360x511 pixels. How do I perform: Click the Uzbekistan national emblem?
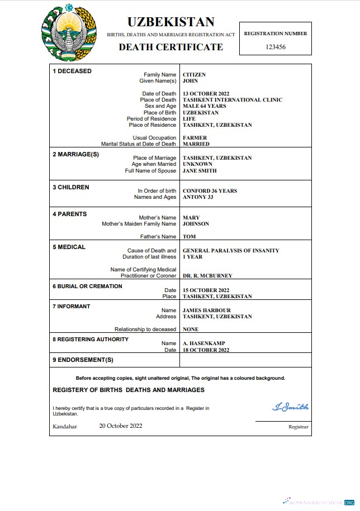[x=69, y=34]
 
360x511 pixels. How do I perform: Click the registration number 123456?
[x=275, y=47]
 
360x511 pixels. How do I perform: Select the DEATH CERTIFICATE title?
[x=170, y=47]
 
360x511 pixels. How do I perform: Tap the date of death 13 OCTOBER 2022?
[x=206, y=94]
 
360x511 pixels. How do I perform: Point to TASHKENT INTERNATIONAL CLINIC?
[x=233, y=100]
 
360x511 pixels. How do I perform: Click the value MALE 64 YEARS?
[x=204, y=106]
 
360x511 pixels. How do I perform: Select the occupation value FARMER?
[x=195, y=137]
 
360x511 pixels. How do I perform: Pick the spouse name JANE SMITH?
[x=200, y=171]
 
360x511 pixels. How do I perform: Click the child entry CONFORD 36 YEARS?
[x=210, y=191]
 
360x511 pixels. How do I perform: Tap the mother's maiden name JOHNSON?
[x=196, y=224]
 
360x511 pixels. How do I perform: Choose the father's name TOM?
[x=189, y=237]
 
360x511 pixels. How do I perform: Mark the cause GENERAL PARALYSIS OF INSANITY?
[x=231, y=251]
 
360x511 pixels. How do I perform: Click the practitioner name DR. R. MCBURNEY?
[x=207, y=276]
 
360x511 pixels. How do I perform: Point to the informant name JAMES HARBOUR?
[x=206, y=311]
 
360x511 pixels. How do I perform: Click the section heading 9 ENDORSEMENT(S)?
[x=83, y=360]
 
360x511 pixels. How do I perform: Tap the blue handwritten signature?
[x=290, y=407]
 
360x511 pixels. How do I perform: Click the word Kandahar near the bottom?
[x=65, y=426]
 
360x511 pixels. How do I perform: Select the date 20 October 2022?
[x=121, y=426]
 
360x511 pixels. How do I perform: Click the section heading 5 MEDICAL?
[x=69, y=247]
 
